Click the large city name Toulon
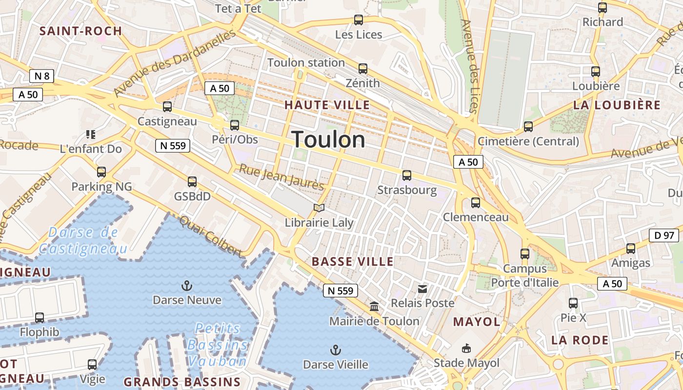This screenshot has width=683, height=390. point(328,140)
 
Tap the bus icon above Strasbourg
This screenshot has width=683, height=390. point(407,175)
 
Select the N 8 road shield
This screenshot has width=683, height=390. point(41,76)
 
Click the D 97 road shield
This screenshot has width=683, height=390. point(664,235)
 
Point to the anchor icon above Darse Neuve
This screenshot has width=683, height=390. point(186,285)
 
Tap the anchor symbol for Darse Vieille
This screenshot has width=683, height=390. point(335,350)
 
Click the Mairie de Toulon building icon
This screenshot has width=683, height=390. point(374,307)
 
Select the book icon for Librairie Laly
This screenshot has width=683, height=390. point(319,208)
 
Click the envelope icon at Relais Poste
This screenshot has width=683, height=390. point(422,289)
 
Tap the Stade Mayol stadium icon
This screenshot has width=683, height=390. point(466,348)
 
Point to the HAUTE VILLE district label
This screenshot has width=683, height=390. point(327,105)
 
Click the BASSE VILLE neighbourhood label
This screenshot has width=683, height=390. point(352,262)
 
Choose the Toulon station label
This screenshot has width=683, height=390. point(306,63)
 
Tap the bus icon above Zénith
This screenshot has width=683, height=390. point(362,69)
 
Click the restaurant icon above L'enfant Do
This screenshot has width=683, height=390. point(90,134)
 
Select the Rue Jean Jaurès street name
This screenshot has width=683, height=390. point(281,177)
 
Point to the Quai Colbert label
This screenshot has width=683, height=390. point(211,236)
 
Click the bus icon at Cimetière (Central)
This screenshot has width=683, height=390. point(528,127)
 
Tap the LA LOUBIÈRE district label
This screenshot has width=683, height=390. point(617,105)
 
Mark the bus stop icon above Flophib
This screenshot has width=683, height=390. point(40,318)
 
